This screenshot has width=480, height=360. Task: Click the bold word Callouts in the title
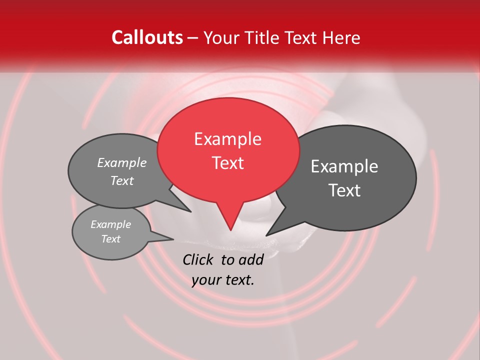(x=147, y=37)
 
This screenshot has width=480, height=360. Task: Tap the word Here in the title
(x=340, y=37)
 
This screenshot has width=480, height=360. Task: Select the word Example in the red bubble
(x=227, y=139)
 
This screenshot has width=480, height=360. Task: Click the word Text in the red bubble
(x=227, y=163)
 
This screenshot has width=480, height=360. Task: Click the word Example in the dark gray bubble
(x=344, y=166)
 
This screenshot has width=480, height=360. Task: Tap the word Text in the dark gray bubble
(x=344, y=190)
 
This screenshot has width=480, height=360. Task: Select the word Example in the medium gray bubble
(x=122, y=163)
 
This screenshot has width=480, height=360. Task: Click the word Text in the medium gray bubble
(x=122, y=181)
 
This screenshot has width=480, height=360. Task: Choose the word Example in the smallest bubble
(x=111, y=224)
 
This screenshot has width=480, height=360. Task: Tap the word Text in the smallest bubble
(x=111, y=239)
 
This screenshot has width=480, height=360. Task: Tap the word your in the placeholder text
(x=205, y=280)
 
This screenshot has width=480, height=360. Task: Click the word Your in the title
(x=221, y=37)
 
